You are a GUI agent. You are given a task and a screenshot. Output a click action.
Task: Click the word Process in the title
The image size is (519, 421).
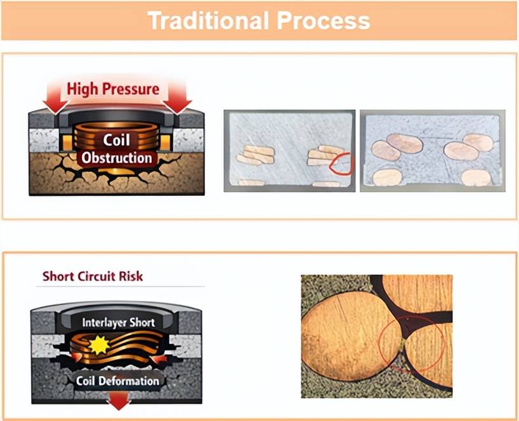click(324, 20)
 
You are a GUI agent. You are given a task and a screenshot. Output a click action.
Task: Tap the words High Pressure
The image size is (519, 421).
click(113, 89)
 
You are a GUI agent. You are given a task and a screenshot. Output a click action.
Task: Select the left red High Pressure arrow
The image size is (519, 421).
click(55, 98)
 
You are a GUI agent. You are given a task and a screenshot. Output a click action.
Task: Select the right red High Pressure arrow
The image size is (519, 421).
click(177, 98)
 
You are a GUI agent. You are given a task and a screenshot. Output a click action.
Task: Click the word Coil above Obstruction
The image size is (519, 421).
click(117, 140)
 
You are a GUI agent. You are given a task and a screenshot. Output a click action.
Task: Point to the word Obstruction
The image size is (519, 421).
click(117, 158)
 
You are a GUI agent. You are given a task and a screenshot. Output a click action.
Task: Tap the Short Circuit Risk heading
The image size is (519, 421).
click(93, 276)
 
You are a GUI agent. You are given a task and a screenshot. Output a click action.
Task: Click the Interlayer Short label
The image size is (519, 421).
click(118, 323)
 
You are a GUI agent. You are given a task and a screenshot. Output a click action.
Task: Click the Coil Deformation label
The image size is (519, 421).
click(117, 381)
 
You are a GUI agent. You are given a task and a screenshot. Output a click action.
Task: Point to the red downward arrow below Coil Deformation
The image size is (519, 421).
click(119, 400)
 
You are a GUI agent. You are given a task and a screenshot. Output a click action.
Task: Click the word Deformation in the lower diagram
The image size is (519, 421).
click(129, 381)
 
